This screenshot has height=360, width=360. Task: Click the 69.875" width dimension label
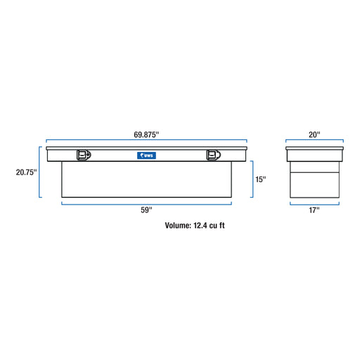pyautogui.click(x=146, y=134)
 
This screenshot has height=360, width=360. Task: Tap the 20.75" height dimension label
pyautogui.click(x=26, y=172)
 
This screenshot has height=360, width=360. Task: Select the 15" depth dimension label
pyautogui.click(x=261, y=179)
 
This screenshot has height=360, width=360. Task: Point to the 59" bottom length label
pyautogui.click(x=146, y=210)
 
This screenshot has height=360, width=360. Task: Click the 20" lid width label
pyautogui.click(x=314, y=134)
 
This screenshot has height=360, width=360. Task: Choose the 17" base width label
pyautogui.click(x=314, y=210)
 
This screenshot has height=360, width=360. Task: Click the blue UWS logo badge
pyautogui.click(x=146, y=155)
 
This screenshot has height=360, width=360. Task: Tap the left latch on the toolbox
pyautogui.click(x=84, y=155)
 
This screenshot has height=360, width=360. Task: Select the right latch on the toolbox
pyautogui.click(x=213, y=155)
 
